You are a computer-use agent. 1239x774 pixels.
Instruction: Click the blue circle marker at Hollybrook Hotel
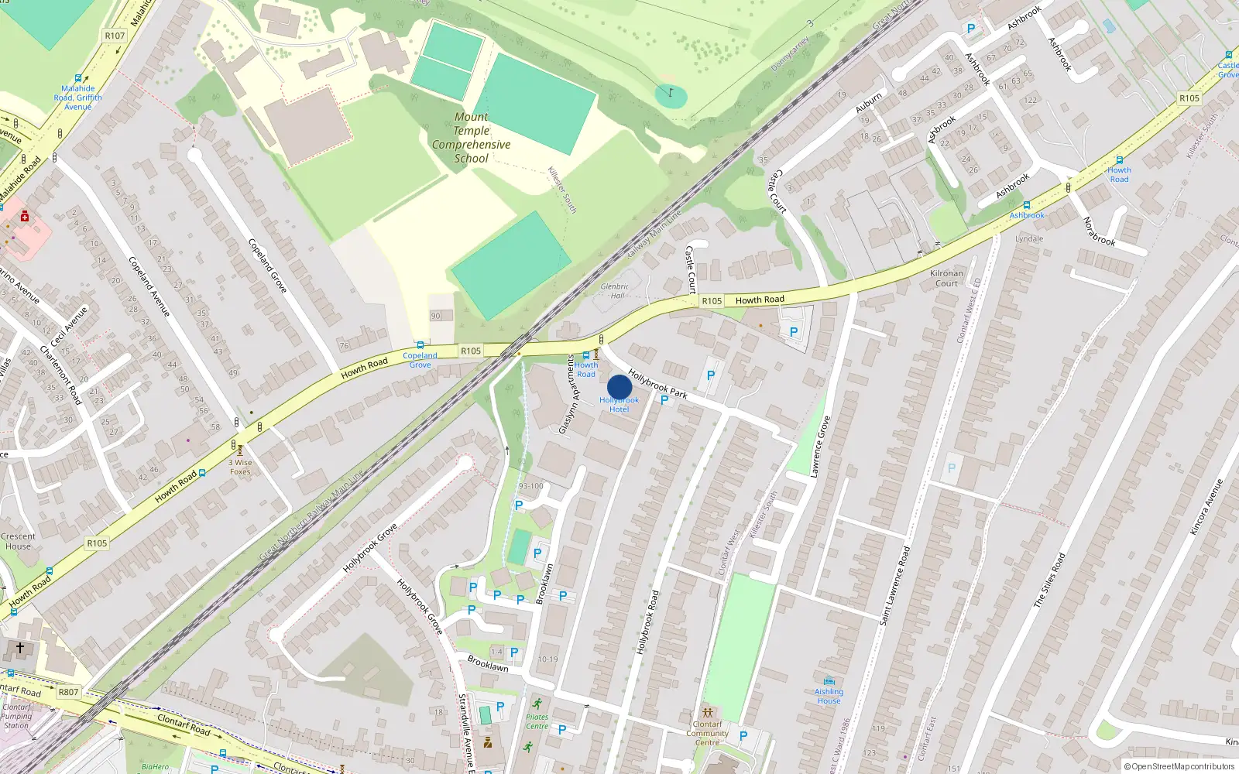click(x=619, y=388)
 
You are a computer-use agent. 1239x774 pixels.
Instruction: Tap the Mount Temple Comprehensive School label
click(x=471, y=138)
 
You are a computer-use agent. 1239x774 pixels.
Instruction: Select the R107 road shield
click(x=115, y=36)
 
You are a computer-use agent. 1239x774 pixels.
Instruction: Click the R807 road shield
click(x=68, y=692)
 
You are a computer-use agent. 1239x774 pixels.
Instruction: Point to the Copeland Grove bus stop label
click(x=420, y=360)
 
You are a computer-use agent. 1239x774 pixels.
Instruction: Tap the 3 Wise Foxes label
click(x=240, y=467)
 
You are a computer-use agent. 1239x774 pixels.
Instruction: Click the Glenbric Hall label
click(x=615, y=290)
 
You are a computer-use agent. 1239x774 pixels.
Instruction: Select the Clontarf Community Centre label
click(x=707, y=733)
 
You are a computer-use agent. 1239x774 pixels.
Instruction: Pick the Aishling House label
click(x=829, y=696)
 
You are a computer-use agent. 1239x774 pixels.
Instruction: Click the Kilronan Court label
click(x=946, y=278)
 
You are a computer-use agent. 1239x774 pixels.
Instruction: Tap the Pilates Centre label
click(x=537, y=721)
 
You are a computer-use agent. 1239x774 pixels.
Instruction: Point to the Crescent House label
click(x=18, y=541)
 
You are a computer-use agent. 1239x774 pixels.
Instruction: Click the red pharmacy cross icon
click(x=25, y=217)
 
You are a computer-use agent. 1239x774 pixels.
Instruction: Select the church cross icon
click(x=20, y=648)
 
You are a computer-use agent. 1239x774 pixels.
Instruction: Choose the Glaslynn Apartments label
click(x=568, y=395)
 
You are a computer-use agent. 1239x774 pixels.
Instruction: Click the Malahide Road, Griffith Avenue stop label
click(x=77, y=98)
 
